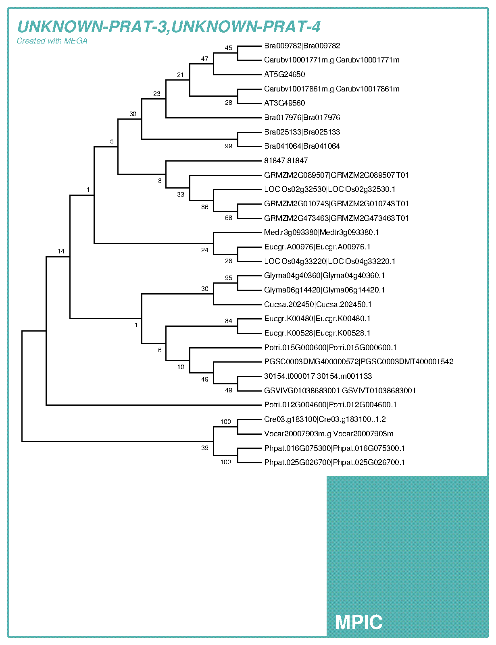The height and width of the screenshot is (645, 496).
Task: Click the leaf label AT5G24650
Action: (284, 75)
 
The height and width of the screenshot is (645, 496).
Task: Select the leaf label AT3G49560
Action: (284, 103)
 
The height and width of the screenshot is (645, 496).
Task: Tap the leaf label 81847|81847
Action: (286, 161)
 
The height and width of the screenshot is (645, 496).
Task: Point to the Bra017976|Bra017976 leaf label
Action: (302, 118)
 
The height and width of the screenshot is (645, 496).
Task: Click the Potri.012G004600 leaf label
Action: (330, 405)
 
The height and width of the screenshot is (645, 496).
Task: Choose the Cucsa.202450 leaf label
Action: (318, 305)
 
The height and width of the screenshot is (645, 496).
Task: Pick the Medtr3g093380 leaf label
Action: (321, 232)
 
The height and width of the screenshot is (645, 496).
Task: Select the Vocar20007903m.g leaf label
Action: (329, 434)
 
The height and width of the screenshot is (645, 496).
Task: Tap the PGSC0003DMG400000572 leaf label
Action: (358, 362)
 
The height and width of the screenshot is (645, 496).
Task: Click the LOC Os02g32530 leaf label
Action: (330, 189)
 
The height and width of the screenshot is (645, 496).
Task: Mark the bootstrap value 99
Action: (229, 146)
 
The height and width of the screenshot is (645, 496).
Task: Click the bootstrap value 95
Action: (229, 278)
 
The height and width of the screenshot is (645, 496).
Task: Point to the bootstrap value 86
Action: (205, 207)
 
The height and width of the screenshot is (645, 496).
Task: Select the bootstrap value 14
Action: (61, 251)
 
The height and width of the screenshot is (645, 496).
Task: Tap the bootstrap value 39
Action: (205, 448)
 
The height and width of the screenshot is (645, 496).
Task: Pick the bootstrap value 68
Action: (229, 218)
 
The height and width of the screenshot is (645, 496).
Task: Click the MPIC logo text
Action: (358, 622)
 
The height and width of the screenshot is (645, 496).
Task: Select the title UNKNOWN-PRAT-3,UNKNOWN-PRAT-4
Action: (169, 27)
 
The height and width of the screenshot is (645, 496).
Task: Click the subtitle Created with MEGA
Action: (52, 41)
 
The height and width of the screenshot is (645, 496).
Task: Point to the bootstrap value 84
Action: (229, 321)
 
